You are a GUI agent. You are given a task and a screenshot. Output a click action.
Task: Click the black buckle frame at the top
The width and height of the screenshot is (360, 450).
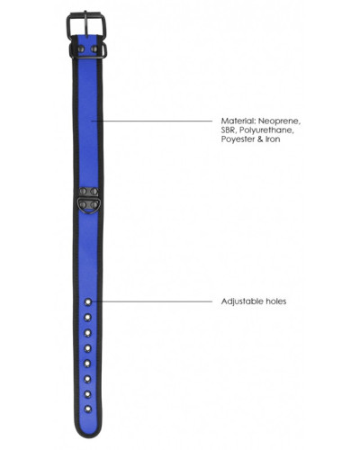click(67, 25)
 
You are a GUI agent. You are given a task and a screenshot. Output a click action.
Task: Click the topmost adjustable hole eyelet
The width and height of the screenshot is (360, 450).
click(87, 301)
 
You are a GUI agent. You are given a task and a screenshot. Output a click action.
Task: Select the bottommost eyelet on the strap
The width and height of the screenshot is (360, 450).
click(87, 409)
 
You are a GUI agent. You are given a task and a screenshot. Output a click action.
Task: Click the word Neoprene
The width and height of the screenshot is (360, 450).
click(279, 121)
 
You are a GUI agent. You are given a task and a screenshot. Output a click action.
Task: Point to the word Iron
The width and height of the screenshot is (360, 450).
click(273, 139)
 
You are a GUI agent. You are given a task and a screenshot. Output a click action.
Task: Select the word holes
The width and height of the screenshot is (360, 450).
click(276, 301)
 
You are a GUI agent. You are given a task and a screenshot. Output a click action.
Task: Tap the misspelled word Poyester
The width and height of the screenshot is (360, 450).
click(238, 139)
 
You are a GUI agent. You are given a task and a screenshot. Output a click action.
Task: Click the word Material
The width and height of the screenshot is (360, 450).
click(238, 121)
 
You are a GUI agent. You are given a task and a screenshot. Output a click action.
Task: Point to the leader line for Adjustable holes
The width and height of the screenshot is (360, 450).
click(152, 301)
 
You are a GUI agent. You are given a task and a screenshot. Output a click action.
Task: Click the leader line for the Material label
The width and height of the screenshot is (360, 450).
click(152, 121)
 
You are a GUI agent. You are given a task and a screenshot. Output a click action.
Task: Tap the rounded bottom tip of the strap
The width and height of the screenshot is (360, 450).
click(87, 436)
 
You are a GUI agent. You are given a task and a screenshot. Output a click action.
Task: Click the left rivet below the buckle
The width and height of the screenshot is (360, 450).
click(81, 49)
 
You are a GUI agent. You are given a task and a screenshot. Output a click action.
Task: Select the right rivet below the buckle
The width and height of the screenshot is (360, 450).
click(94, 49)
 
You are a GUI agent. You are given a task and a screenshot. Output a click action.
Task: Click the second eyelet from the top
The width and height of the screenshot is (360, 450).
click(87, 317)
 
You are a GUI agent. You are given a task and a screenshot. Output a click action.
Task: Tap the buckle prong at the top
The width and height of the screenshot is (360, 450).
click(86, 24)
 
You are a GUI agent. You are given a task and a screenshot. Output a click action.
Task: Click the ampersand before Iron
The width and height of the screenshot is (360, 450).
click(260, 139)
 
